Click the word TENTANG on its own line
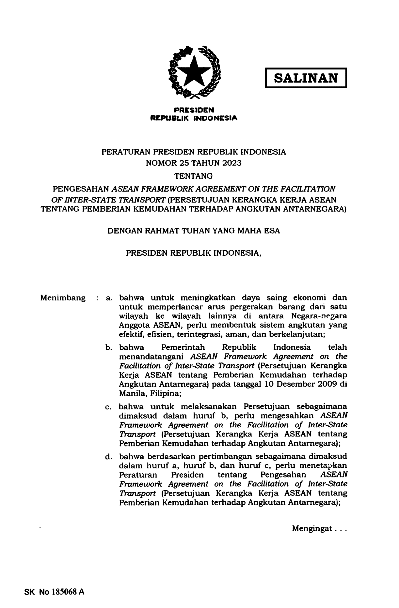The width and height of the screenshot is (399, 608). point(194,176)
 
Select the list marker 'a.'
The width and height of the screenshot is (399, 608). point(109,298)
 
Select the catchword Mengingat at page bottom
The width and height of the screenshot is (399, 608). point(312,528)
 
